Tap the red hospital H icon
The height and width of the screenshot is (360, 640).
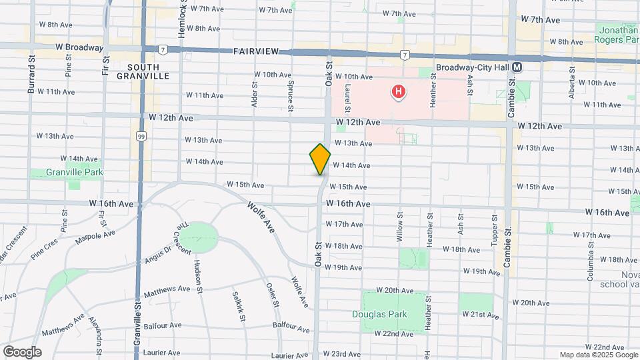399,91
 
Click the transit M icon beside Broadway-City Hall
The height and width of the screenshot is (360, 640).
517,68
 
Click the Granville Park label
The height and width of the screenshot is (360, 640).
65,172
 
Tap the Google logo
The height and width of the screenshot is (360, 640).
22,351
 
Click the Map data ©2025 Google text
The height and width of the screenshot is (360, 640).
598,355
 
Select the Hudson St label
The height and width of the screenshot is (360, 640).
198,272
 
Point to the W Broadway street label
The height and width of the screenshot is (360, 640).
79,47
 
